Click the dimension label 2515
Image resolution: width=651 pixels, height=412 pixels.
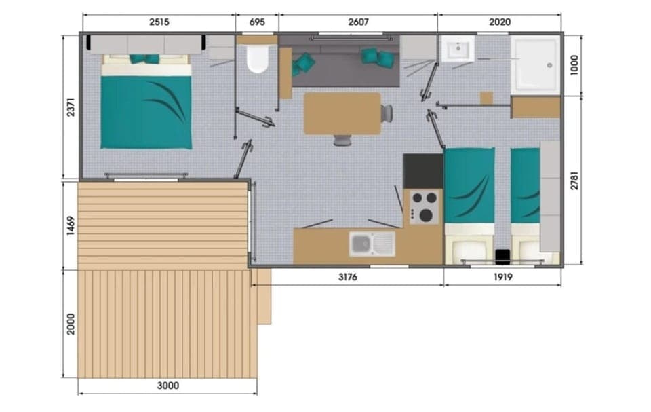pos(159,22)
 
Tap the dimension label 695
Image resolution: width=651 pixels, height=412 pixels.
pos(257,22)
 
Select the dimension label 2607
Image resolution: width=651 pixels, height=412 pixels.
pos(358,22)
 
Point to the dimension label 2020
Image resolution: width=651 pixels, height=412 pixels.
pos(500,22)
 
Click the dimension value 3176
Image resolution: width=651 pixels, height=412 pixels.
pos(347,277)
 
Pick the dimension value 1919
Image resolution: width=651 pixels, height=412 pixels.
pos(502,277)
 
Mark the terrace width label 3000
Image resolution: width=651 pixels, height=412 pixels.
pos(167,386)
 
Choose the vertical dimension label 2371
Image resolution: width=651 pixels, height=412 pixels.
pos(71,107)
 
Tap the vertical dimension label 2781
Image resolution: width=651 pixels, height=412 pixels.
pos(574,179)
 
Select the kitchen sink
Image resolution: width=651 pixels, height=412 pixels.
pos(372,244)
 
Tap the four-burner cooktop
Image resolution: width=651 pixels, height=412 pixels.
pos(424,207)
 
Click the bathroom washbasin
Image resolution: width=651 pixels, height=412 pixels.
pos(458,49)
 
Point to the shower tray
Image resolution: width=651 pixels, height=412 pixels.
pos(536,64)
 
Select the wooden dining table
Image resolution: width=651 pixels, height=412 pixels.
pos(342,113)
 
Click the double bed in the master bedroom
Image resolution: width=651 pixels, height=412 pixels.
pos(146,105)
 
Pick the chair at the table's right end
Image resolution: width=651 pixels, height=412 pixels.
pos(387,113)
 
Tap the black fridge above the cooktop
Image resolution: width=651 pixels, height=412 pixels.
pos(423,171)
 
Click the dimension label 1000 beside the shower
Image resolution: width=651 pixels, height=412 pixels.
pos(574,65)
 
